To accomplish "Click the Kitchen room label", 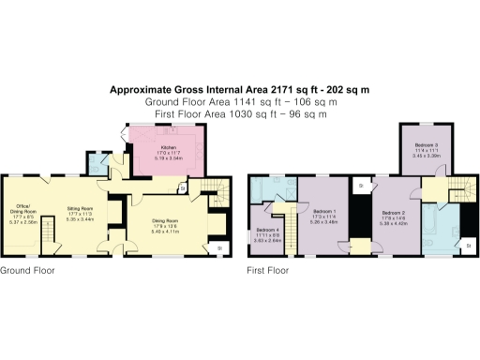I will point(169,148).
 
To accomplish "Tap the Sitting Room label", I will point(78,211).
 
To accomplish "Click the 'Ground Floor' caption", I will point(27,270).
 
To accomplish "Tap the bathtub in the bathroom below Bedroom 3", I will point(428,229).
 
